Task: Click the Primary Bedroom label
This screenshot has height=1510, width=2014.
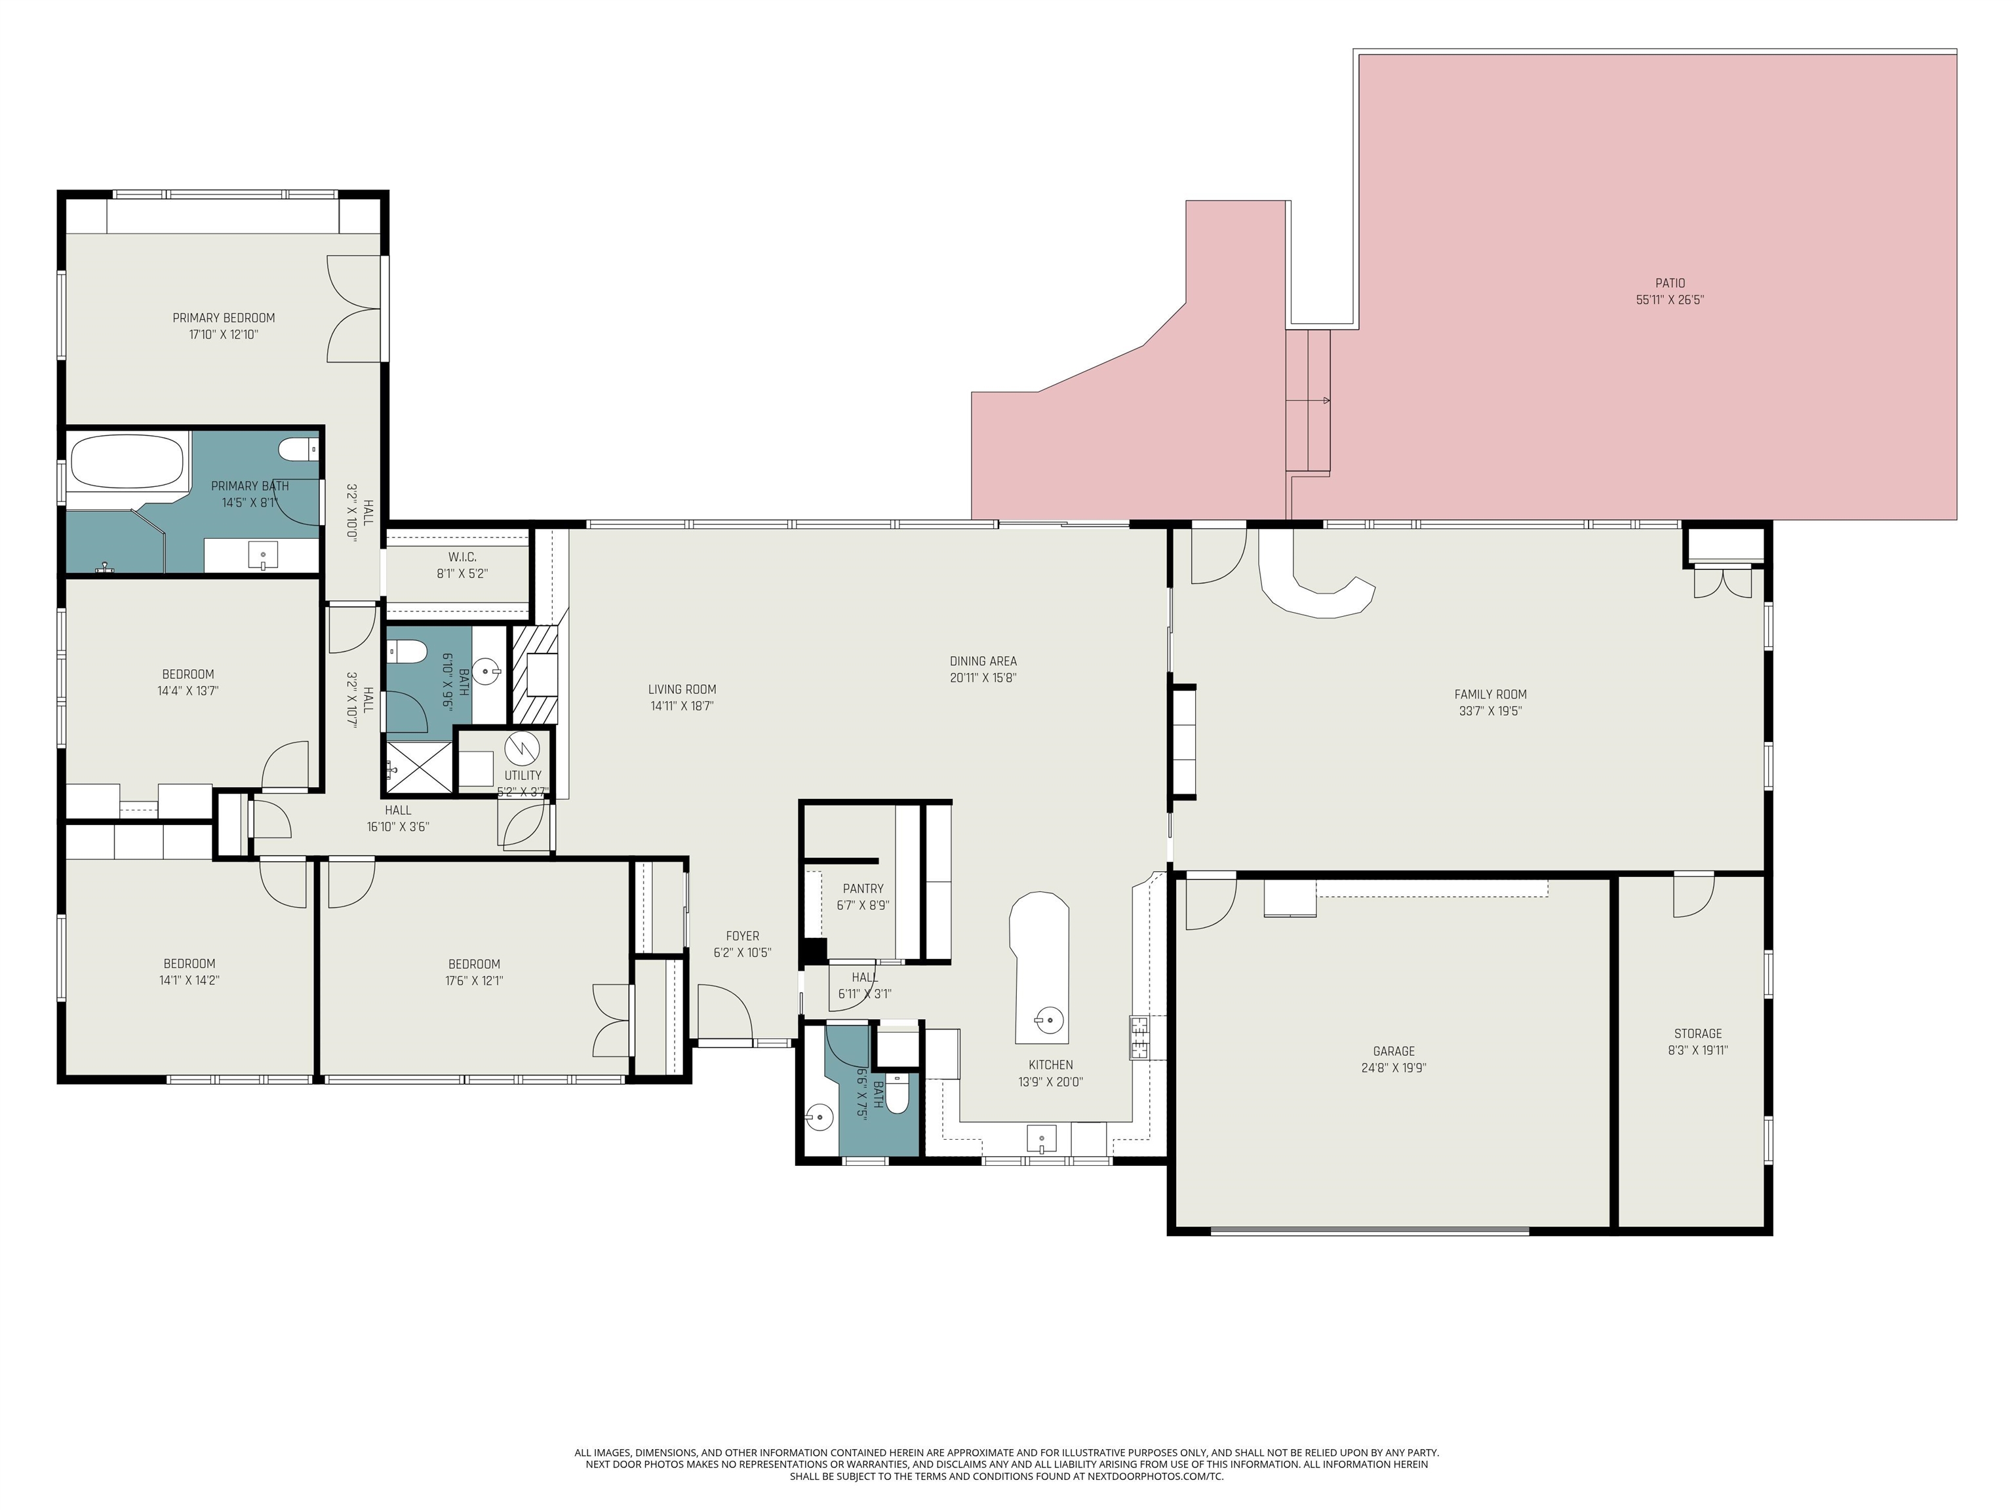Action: point(224,318)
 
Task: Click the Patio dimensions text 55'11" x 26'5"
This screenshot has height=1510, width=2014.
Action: point(1670,300)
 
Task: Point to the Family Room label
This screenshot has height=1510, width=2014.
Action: point(1490,695)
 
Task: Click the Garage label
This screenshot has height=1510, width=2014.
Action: point(1394,1051)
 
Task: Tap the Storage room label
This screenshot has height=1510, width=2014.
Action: point(1698,1034)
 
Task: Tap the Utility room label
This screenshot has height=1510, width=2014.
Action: point(523,775)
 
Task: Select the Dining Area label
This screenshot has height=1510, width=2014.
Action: point(983,662)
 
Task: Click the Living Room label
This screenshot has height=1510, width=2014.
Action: point(682,690)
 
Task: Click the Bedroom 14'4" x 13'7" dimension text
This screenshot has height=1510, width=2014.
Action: point(188,691)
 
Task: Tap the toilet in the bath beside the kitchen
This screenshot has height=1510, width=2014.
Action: point(897,1093)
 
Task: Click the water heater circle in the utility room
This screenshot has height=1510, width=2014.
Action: point(523,748)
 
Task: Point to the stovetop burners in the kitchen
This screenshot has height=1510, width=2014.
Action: point(1139,1037)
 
